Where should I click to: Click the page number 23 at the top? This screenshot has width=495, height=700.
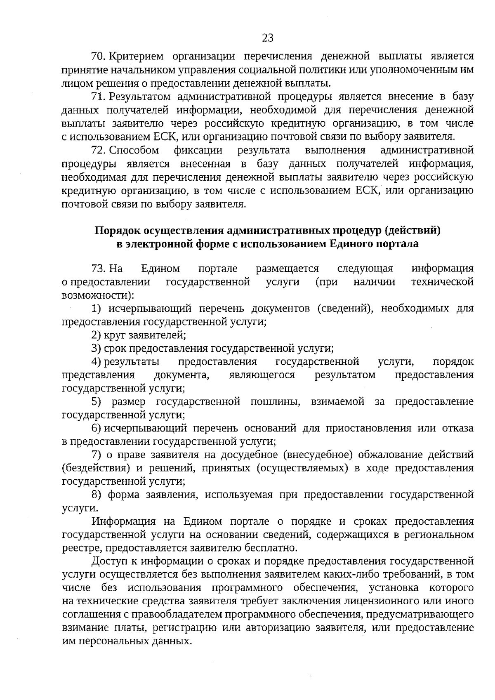[x=267, y=38]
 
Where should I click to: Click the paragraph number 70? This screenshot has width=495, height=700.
[x=99, y=56]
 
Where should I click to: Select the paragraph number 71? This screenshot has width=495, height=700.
[x=99, y=97]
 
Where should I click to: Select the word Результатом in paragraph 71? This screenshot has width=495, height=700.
[x=140, y=97]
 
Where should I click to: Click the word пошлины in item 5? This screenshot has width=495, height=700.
[x=275, y=402]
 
